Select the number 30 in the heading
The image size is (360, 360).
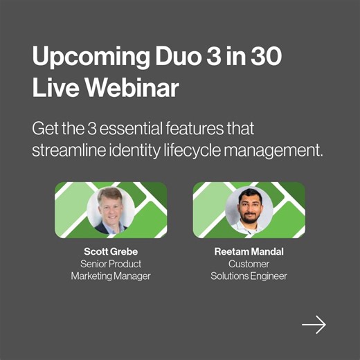[x=267, y=58]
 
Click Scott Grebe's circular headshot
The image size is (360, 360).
[x=111, y=210]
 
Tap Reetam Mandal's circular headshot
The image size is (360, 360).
[x=249, y=210]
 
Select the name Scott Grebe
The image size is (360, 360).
[x=111, y=251]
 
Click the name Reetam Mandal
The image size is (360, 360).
[x=249, y=251]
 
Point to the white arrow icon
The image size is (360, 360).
[x=314, y=324]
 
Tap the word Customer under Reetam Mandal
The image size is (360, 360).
[x=249, y=264]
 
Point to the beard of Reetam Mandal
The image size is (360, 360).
[x=249, y=218]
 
